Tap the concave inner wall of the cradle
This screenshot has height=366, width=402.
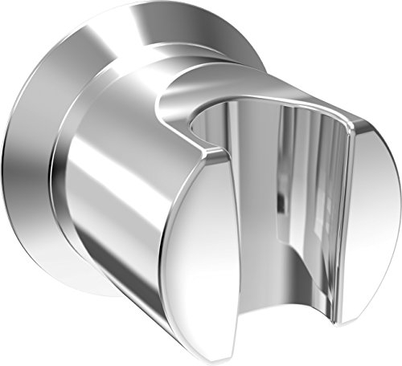tap(273, 161)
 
